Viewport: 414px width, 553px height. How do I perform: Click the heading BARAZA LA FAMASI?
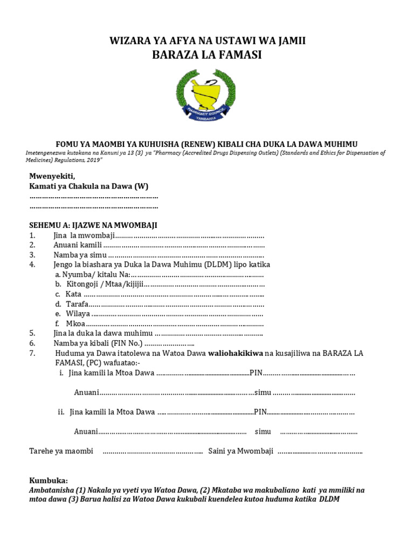[x=206, y=55]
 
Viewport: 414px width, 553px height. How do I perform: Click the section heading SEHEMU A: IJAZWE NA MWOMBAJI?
[x=93, y=225]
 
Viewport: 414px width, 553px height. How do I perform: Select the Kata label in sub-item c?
[x=73, y=294]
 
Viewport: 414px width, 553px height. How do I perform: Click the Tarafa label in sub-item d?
[x=77, y=304]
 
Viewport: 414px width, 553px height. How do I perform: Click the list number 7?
[x=32, y=353]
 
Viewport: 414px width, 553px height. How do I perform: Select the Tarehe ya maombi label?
[x=61, y=451]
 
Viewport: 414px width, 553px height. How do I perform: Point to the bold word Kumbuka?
[x=49, y=481]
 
